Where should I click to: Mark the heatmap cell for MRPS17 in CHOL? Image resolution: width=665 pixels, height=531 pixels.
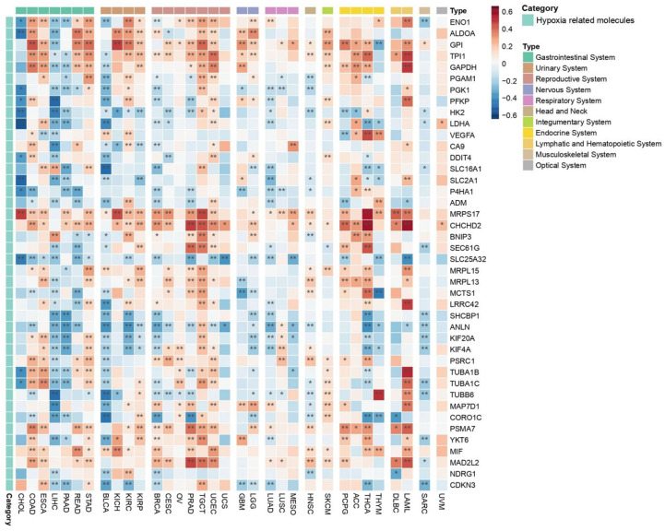(x=21, y=214)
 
